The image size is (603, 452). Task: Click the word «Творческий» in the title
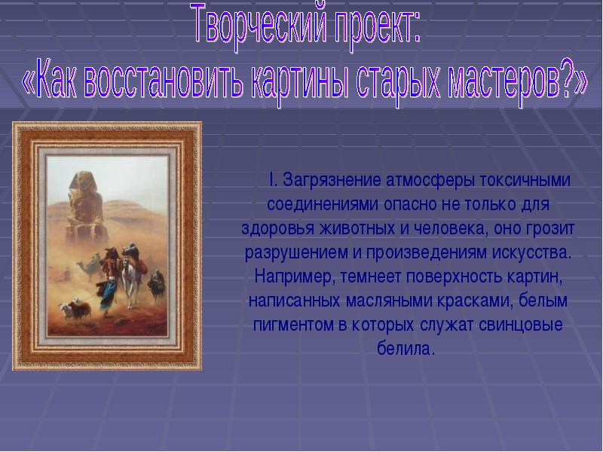[x=259, y=25]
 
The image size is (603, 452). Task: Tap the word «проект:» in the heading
[x=378, y=26]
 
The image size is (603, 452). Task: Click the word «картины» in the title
[x=300, y=81]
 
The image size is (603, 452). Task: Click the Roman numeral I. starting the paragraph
[x=273, y=179]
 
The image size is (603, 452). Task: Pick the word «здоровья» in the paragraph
[x=278, y=229]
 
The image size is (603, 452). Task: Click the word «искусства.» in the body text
[x=532, y=253]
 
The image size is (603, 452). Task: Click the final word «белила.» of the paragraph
[x=406, y=348]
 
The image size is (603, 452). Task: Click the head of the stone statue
[x=81, y=182]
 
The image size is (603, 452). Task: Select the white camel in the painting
[x=130, y=279]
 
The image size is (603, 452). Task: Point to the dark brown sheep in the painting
[x=80, y=308]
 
